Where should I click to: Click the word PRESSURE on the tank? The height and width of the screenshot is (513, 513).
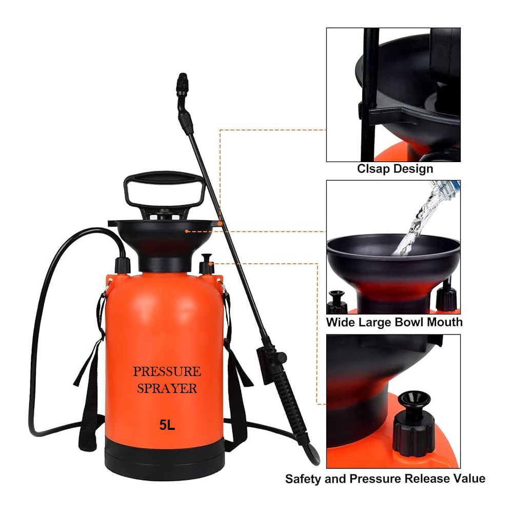click(167, 371)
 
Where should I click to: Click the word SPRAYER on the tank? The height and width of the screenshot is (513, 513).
click(167, 388)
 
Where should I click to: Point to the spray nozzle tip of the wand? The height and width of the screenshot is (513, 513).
click(181, 81)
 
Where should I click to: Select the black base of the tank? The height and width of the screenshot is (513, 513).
click(165, 464)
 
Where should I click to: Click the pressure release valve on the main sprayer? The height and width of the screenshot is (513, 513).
click(207, 264)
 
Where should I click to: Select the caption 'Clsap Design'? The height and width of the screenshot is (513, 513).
click(394, 169)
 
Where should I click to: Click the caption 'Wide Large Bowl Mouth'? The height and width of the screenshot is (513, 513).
click(394, 322)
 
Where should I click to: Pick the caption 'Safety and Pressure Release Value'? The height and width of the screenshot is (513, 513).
click(385, 479)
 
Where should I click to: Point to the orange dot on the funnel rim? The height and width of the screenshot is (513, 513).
click(219, 224)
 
